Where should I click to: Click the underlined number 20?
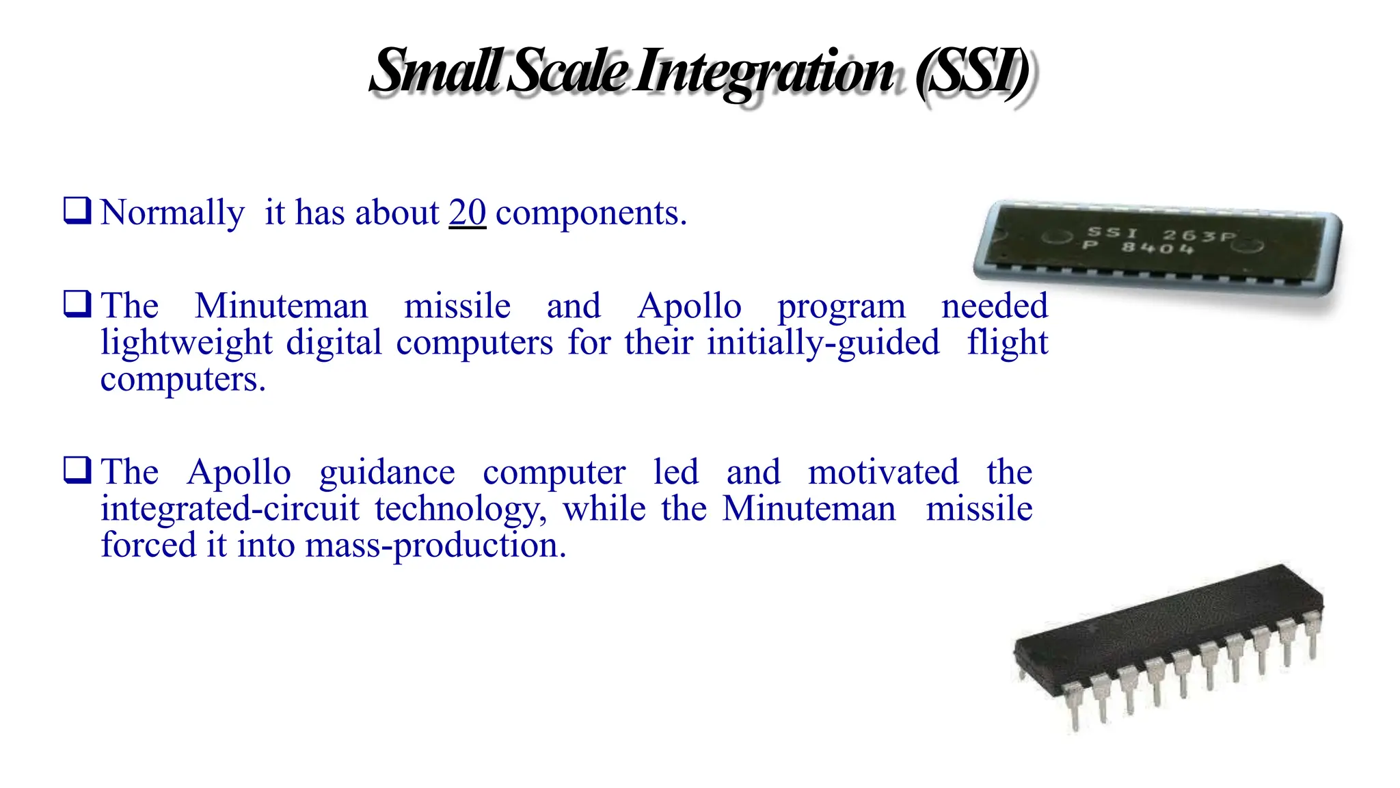tap(468, 213)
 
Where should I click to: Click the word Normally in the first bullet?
tap(172, 213)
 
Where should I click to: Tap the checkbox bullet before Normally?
tap(77, 211)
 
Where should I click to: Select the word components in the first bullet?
tap(591, 214)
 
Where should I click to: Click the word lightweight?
tap(187, 343)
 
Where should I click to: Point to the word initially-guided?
tap(823, 343)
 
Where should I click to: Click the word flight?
tap(1007, 342)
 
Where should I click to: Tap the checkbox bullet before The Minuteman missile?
tap(77, 304)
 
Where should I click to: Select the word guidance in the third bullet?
tap(387, 473)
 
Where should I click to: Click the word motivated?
tap(883, 472)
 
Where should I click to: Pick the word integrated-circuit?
tap(230, 509)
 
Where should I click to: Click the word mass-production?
tap(435, 546)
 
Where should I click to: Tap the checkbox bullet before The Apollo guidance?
tap(77, 470)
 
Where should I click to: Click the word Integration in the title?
tap(764, 72)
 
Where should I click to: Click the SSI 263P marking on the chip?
tap(1161, 235)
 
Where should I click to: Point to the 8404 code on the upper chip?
tap(1157, 247)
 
